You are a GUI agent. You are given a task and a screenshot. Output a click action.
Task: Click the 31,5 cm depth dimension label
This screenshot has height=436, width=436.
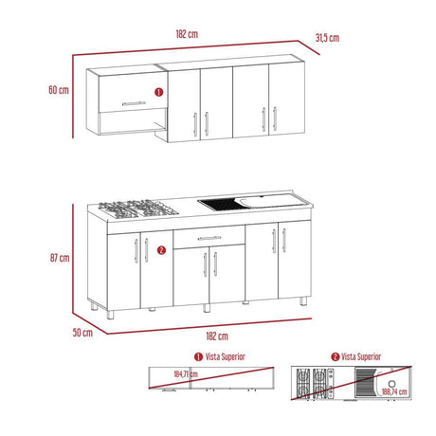[x=327, y=38]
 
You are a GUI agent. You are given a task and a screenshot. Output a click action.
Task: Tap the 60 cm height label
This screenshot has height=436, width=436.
[x=59, y=90]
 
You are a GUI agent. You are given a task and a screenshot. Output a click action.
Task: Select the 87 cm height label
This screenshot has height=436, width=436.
[x=60, y=258]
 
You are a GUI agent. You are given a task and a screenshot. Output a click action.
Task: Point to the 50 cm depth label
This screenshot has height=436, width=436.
[x=82, y=333]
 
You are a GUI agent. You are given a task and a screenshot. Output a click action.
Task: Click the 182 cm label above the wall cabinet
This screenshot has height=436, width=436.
[x=187, y=34]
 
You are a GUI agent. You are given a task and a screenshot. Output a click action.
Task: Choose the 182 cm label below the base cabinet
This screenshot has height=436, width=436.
[x=217, y=336]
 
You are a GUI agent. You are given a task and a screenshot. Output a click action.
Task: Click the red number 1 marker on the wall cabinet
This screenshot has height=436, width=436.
[x=158, y=92]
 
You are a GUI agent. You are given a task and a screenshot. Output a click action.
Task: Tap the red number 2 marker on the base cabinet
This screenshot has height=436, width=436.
[x=161, y=250]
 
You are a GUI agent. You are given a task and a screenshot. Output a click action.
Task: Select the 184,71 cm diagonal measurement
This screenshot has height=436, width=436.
[x=186, y=374]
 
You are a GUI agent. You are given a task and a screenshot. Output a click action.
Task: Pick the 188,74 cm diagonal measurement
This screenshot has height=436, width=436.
[x=394, y=391]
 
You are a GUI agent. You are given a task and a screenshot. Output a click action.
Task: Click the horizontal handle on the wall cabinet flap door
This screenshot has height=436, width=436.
[x=134, y=103]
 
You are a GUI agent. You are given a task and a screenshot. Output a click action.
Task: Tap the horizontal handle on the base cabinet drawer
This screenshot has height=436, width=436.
[x=209, y=238]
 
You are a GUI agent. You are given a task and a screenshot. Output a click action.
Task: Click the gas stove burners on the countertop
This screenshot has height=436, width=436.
[x=138, y=209]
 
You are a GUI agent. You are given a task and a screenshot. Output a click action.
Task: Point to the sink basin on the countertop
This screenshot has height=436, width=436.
[x=272, y=201]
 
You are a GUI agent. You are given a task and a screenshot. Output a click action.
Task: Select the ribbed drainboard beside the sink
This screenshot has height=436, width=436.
[x=223, y=204]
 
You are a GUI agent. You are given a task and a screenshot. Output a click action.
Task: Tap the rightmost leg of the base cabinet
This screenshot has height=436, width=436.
[x=303, y=300]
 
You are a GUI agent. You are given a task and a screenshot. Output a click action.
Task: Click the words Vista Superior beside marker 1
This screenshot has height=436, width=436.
[x=226, y=356]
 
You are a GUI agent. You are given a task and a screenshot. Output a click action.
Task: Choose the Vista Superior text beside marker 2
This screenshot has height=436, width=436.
[x=361, y=356]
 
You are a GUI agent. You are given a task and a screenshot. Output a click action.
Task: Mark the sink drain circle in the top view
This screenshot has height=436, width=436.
[x=392, y=384]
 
